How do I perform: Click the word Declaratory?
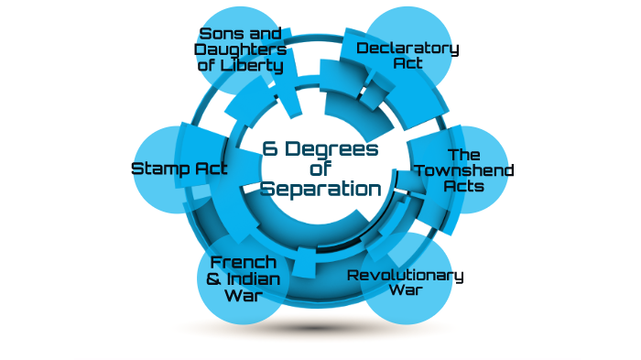coord(407,48)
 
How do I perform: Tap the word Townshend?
coord(464,169)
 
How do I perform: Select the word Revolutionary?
coord(406,275)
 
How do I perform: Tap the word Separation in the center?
coord(320,189)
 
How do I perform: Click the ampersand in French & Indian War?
coord(213,278)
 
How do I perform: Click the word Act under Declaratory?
coord(407,64)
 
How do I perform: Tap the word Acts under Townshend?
coord(464,185)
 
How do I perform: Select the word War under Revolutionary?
coord(406,291)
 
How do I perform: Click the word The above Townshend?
coord(464,154)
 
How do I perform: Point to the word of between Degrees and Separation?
coord(320,169)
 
